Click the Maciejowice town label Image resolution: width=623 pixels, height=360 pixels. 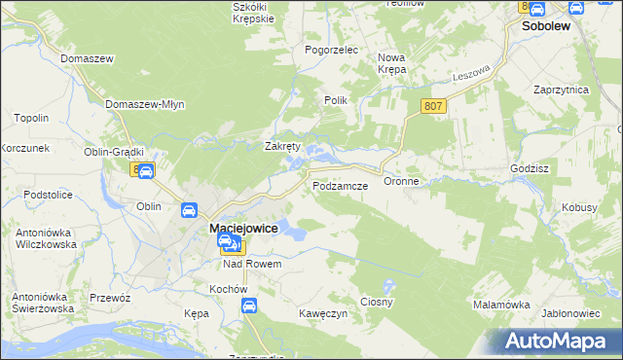click(244, 228)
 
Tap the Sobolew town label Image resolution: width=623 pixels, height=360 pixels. click(546, 28)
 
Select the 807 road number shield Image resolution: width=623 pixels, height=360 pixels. click(434, 106)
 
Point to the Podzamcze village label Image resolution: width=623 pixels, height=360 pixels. click(340, 184)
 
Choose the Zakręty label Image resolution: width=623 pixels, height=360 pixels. click(283, 146)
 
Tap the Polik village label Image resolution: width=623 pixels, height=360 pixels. click(336, 100)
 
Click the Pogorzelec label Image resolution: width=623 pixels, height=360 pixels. click(332, 50)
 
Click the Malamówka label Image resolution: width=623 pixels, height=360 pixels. click(501, 305)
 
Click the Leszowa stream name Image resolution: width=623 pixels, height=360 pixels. click(470, 74)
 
